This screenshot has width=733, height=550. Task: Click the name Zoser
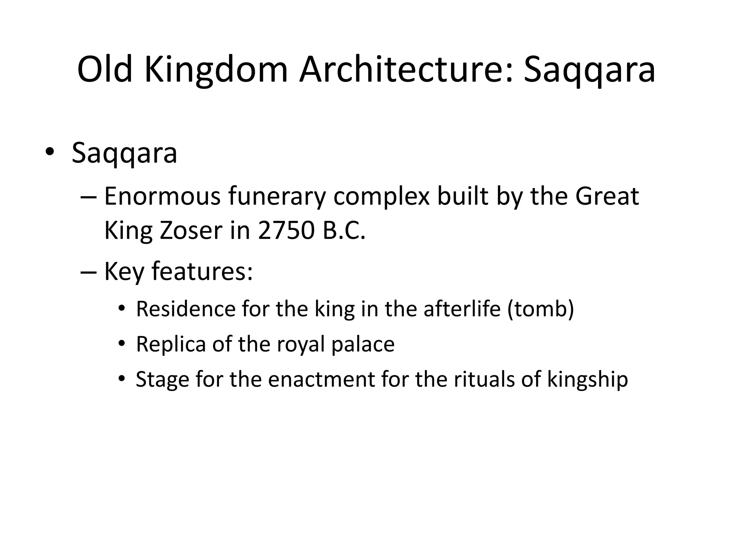(191, 231)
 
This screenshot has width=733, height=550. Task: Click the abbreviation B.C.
(344, 231)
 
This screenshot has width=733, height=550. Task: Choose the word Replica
(171, 344)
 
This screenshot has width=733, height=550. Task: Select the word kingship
(587, 379)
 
